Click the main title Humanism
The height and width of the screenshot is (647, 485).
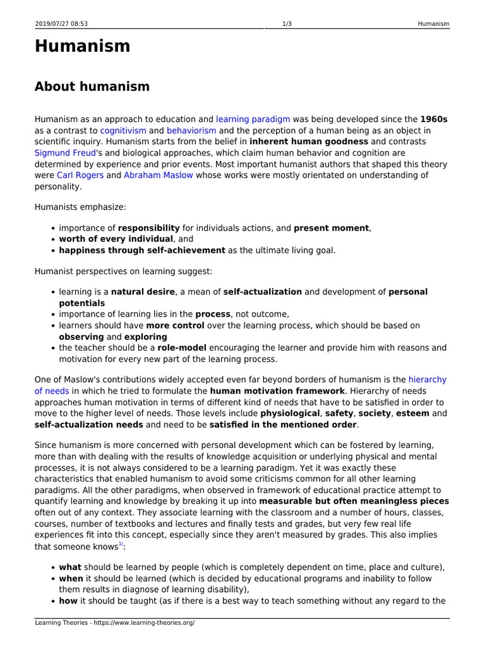[x=82, y=46]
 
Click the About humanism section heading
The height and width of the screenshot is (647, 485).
[x=92, y=87]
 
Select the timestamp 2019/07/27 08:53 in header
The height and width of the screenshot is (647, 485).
[x=61, y=24]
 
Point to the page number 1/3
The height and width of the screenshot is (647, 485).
[x=287, y=24]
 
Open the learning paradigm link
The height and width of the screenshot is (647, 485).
[x=253, y=119]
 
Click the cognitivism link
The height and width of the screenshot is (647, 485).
[x=123, y=130]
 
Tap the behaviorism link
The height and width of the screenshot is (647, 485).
[x=191, y=130]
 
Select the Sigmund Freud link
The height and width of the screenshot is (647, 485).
[x=64, y=153]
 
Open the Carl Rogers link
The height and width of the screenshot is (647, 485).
[x=80, y=176]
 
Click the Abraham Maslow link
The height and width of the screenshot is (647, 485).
[x=159, y=176]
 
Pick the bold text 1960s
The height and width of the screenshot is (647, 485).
[x=434, y=119]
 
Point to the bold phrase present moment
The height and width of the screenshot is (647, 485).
[x=332, y=228]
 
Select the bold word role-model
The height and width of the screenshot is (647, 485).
[x=177, y=348]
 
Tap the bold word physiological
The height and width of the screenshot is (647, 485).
[x=290, y=414]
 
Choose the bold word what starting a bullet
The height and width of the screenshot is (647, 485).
[x=70, y=567]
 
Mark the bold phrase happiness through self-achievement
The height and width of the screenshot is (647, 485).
[x=142, y=250]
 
